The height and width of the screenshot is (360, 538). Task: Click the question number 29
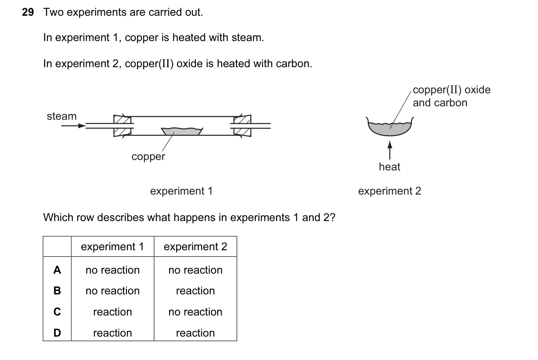pyautogui.click(x=28, y=12)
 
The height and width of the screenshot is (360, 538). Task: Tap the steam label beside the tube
pyautogui.click(x=62, y=116)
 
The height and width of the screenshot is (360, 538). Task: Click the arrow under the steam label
pyautogui.click(x=74, y=126)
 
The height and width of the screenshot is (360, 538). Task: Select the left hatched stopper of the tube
pyautogui.click(x=122, y=126)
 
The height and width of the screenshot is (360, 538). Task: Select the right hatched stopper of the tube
pyautogui.click(x=242, y=126)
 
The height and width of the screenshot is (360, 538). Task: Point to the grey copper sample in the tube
pyautogui.click(x=182, y=131)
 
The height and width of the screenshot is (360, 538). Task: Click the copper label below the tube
pyautogui.click(x=148, y=157)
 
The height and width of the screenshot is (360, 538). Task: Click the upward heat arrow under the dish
pyautogui.click(x=390, y=150)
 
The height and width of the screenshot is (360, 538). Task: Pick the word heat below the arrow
pyautogui.click(x=390, y=167)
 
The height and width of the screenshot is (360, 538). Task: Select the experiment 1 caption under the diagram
pyautogui.click(x=181, y=191)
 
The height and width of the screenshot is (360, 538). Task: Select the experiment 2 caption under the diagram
pyautogui.click(x=390, y=191)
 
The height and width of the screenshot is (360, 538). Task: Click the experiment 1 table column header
pyautogui.click(x=112, y=247)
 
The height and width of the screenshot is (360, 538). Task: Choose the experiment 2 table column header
pyautogui.click(x=195, y=247)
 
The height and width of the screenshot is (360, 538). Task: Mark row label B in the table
pyautogui.click(x=57, y=291)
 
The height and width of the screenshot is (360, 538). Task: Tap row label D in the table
pyautogui.click(x=57, y=333)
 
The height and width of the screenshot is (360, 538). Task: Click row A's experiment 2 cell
pyautogui.click(x=195, y=270)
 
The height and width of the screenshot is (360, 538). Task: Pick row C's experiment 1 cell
pyautogui.click(x=113, y=312)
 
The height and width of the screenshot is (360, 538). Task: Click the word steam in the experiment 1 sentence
pyautogui.click(x=247, y=38)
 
